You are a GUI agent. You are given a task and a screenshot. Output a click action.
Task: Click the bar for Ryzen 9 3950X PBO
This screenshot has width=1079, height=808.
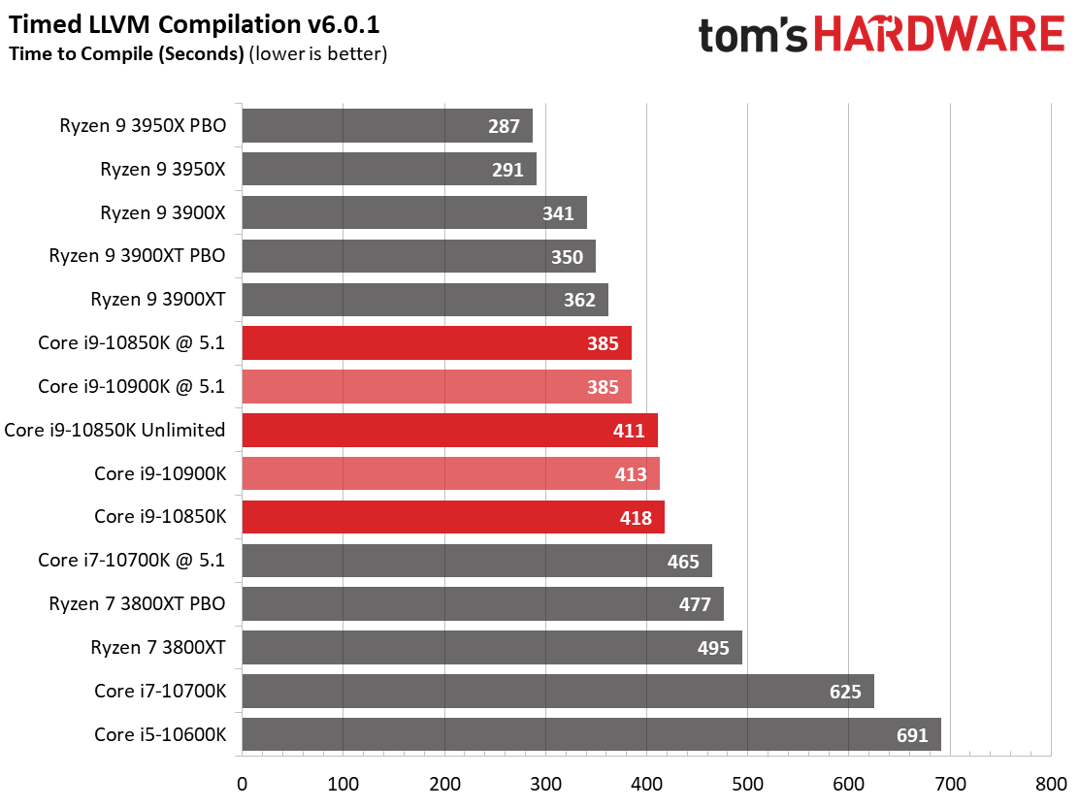tap(386, 126)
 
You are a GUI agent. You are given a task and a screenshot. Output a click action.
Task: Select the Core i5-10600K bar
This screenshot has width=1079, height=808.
tap(590, 734)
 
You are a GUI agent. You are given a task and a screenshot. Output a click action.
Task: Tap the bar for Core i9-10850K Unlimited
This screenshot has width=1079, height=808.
tap(448, 430)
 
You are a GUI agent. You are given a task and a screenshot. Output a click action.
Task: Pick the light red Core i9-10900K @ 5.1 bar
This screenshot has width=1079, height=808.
tap(436, 386)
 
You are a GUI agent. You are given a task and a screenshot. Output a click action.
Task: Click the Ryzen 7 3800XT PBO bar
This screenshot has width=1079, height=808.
tap(481, 604)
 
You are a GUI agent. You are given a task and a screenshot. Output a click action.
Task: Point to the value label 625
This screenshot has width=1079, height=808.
tap(842, 692)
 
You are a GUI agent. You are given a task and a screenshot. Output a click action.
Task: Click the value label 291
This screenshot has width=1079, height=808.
tap(507, 170)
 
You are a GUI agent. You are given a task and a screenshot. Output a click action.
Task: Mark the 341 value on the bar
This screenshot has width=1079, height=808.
tap(558, 213)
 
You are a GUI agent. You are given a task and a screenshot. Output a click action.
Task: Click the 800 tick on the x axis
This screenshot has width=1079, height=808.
tap(1051, 782)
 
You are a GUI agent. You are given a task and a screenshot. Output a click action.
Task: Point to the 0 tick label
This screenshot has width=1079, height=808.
tap(242, 782)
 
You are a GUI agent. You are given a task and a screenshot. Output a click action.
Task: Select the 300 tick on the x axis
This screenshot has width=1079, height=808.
tap(545, 782)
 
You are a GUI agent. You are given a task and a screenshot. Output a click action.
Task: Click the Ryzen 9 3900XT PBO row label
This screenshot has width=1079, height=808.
tap(137, 256)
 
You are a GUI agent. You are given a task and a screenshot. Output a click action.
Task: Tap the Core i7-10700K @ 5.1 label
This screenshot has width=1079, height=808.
tap(131, 560)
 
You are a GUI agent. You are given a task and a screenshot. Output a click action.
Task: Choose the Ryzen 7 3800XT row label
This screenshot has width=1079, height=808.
tap(157, 647)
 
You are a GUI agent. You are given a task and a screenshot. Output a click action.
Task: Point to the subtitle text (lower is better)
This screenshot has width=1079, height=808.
tap(318, 54)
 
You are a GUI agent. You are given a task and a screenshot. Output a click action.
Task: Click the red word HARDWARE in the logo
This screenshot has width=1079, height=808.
tap(939, 35)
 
